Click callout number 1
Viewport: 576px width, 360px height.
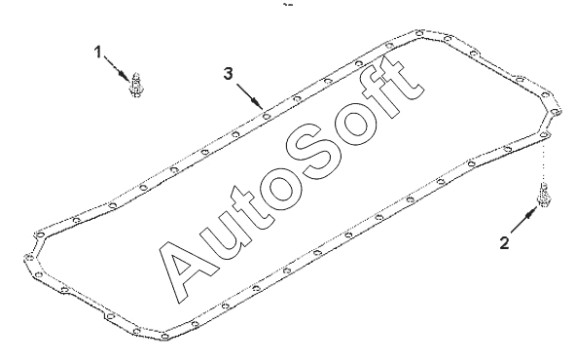[x=97, y=53]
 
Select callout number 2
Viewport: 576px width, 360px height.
[x=504, y=243]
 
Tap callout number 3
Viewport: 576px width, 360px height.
[x=228, y=74]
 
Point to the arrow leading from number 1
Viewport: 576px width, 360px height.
[x=116, y=67]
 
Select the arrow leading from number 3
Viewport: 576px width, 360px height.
[x=250, y=96]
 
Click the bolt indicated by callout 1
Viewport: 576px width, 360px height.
[x=135, y=85]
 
